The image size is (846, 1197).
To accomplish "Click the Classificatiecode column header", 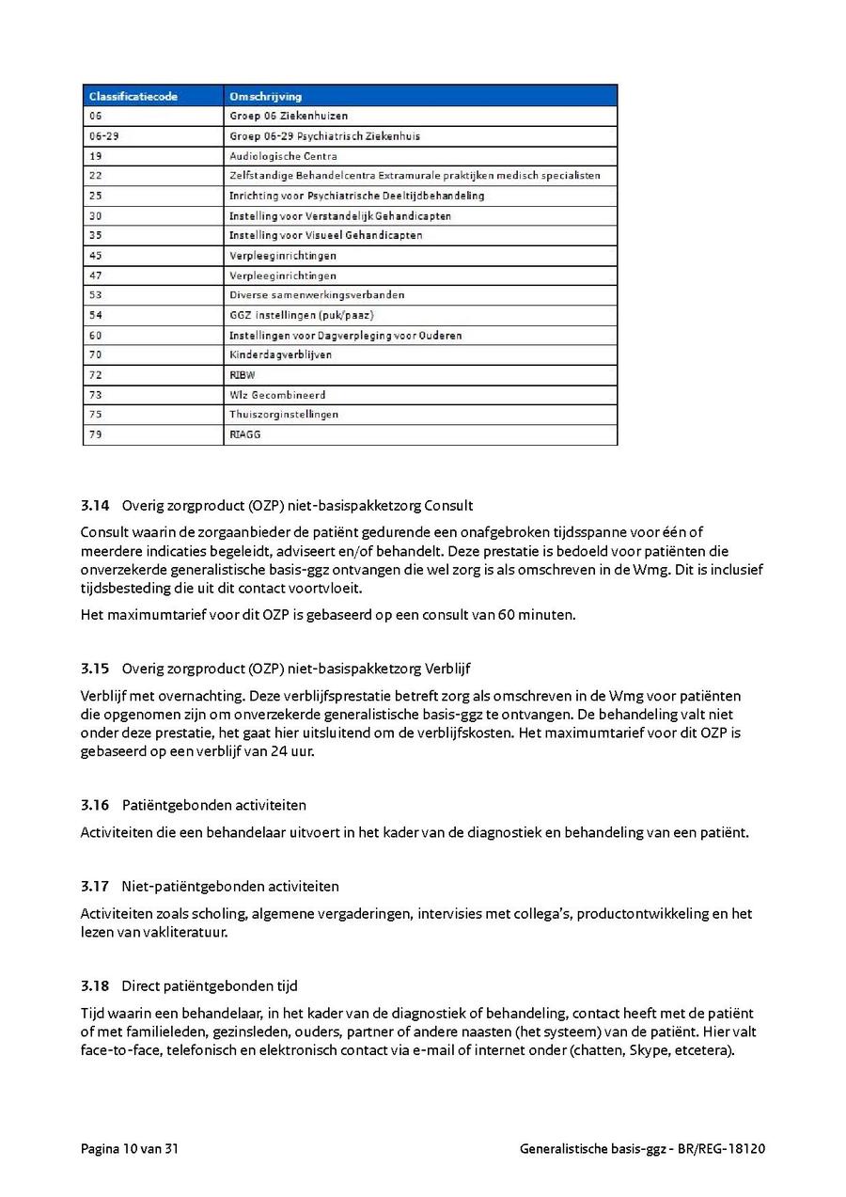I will (x=133, y=96).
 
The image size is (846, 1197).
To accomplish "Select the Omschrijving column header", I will (x=265, y=96).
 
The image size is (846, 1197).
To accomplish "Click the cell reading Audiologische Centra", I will (x=283, y=156).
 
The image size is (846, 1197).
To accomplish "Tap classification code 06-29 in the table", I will (x=103, y=136).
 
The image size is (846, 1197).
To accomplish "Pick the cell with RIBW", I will (x=243, y=374).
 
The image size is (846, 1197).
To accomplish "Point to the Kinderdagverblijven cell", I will (x=280, y=354).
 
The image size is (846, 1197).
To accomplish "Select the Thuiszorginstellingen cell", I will (x=284, y=414).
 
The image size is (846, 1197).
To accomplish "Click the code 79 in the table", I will (x=96, y=434).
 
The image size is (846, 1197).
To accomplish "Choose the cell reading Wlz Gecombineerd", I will (x=277, y=395).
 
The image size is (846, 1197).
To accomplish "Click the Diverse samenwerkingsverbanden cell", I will (x=317, y=295).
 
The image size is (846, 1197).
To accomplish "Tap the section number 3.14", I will (x=95, y=506).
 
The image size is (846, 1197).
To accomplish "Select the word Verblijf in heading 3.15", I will (x=447, y=669).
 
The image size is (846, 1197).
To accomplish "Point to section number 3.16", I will (x=95, y=805).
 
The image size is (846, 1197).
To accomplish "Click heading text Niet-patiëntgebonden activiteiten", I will (x=230, y=886).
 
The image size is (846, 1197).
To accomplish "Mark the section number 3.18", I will (x=95, y=985).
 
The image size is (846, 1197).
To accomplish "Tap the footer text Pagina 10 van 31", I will (x=130, y=1149).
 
